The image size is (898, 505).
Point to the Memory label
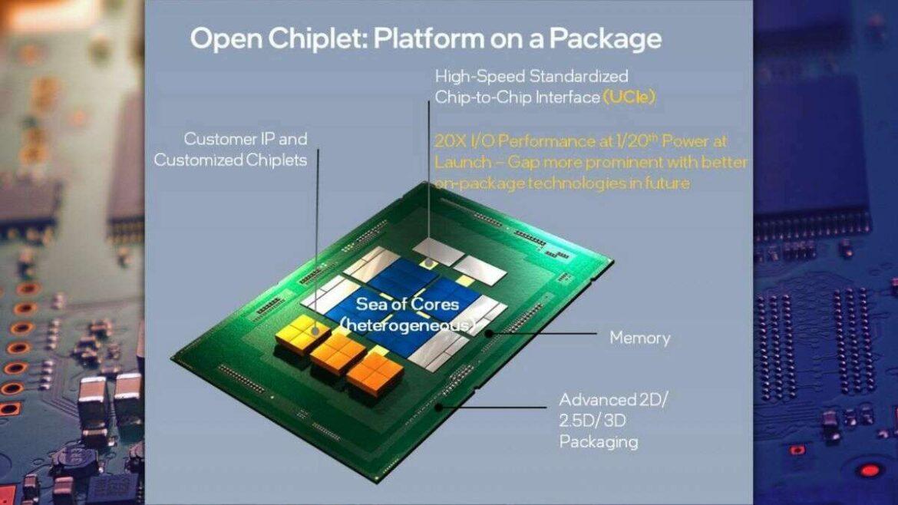tap(639, 338)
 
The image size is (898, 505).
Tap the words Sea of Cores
tap(407, 304)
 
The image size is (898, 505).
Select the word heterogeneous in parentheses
tap(408, 325)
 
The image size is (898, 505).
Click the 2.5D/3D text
tap(595, 421)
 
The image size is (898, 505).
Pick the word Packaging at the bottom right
tap(599, 442)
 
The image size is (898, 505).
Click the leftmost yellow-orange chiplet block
tap(303, 335)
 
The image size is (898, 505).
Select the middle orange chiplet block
tap(338, 353)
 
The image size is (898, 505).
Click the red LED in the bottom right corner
tap(868, 470)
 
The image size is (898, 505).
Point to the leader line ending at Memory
tap(545, 334)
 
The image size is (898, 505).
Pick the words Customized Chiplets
tap(230, 160)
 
